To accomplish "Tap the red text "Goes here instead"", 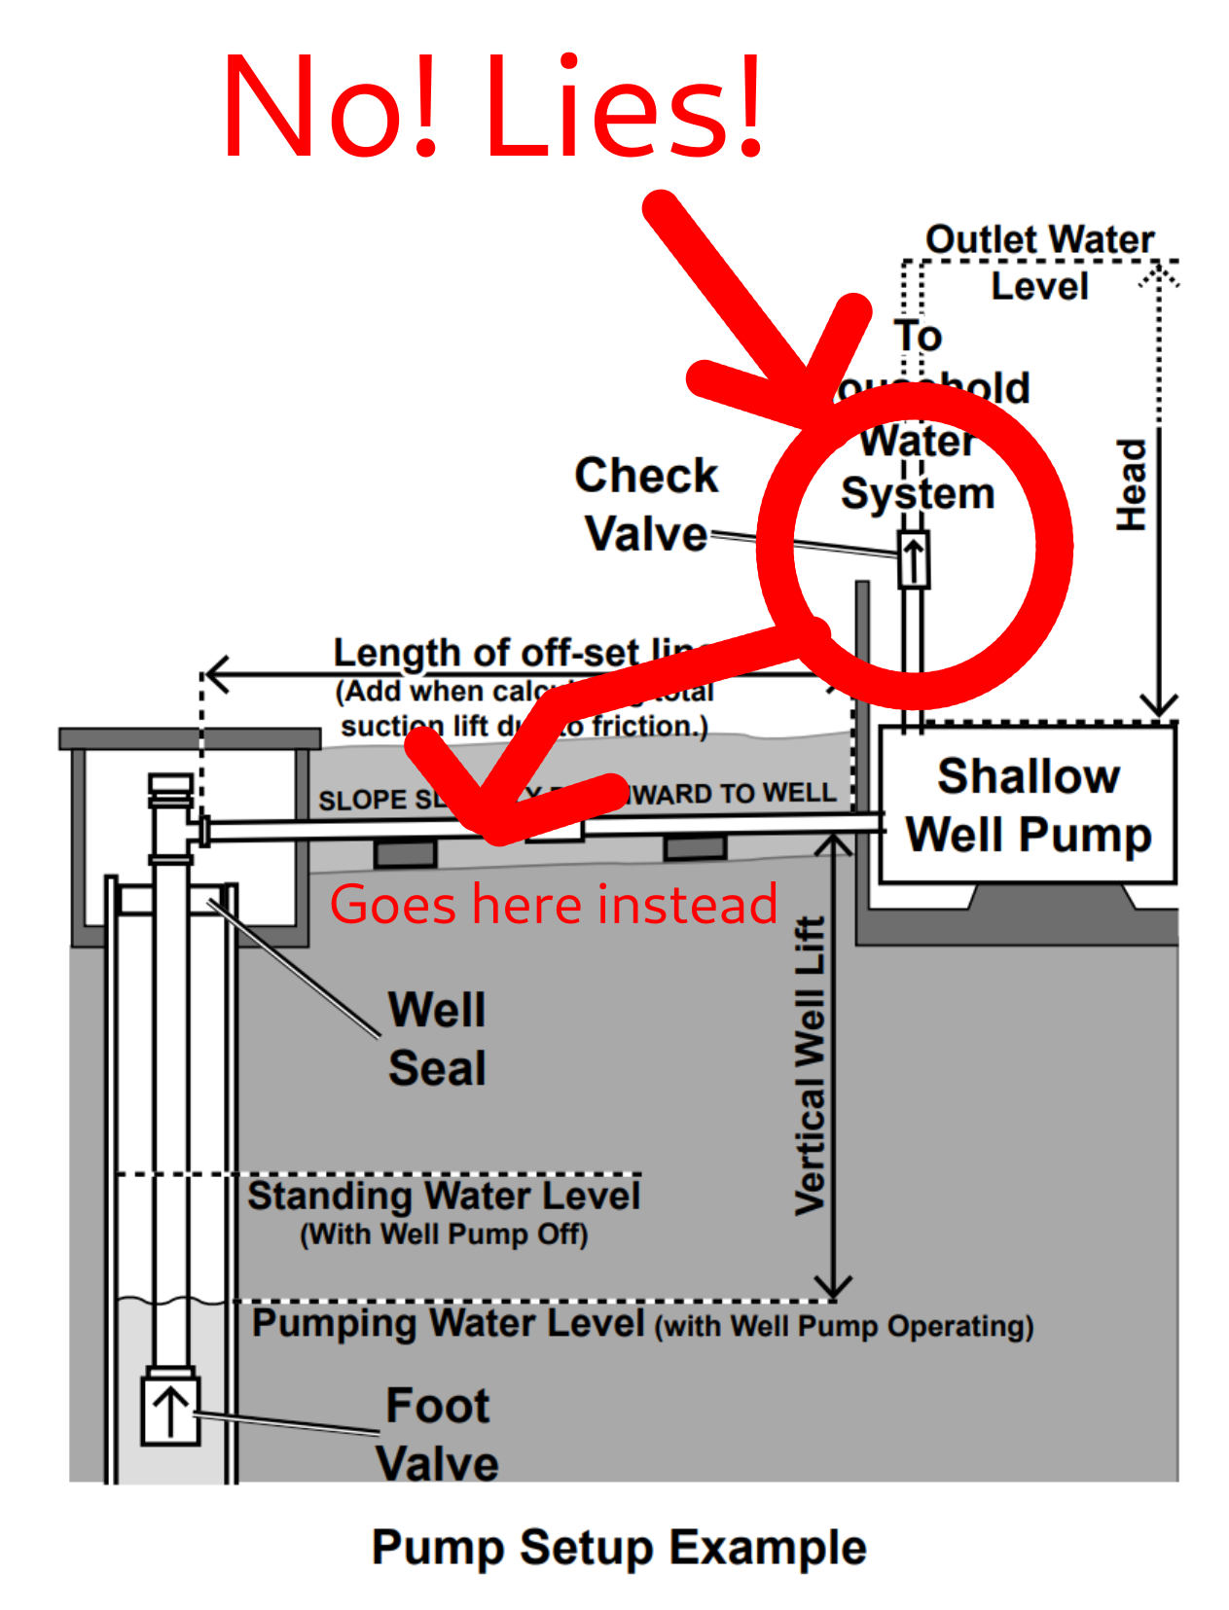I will (x=553, y=905).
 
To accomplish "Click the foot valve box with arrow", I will (x=170, y=1410).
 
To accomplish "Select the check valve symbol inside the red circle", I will (x=913, y=559).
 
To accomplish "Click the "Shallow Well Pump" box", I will (x=1028, y=805).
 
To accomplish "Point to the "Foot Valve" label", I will (x=437, y=1434).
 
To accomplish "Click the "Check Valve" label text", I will (x=646, y=504).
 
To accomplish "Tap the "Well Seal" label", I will (x=437, y=1038).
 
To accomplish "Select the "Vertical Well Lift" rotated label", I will (x=811, y=1065).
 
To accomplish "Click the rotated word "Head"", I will (x=1132, y=484).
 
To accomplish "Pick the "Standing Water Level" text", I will (x=444, y=1196).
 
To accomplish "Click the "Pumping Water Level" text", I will (x=448, y=1323).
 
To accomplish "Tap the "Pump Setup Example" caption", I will (x=619, y=1547).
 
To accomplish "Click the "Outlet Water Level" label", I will (x=1039, y=262).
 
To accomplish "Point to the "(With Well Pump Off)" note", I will (x=444, y=1234).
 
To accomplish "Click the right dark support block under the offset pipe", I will (x=695, y=847).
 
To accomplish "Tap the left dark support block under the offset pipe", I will (x=406, y=853).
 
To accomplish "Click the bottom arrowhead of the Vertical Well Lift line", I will (x=833, y=1288).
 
